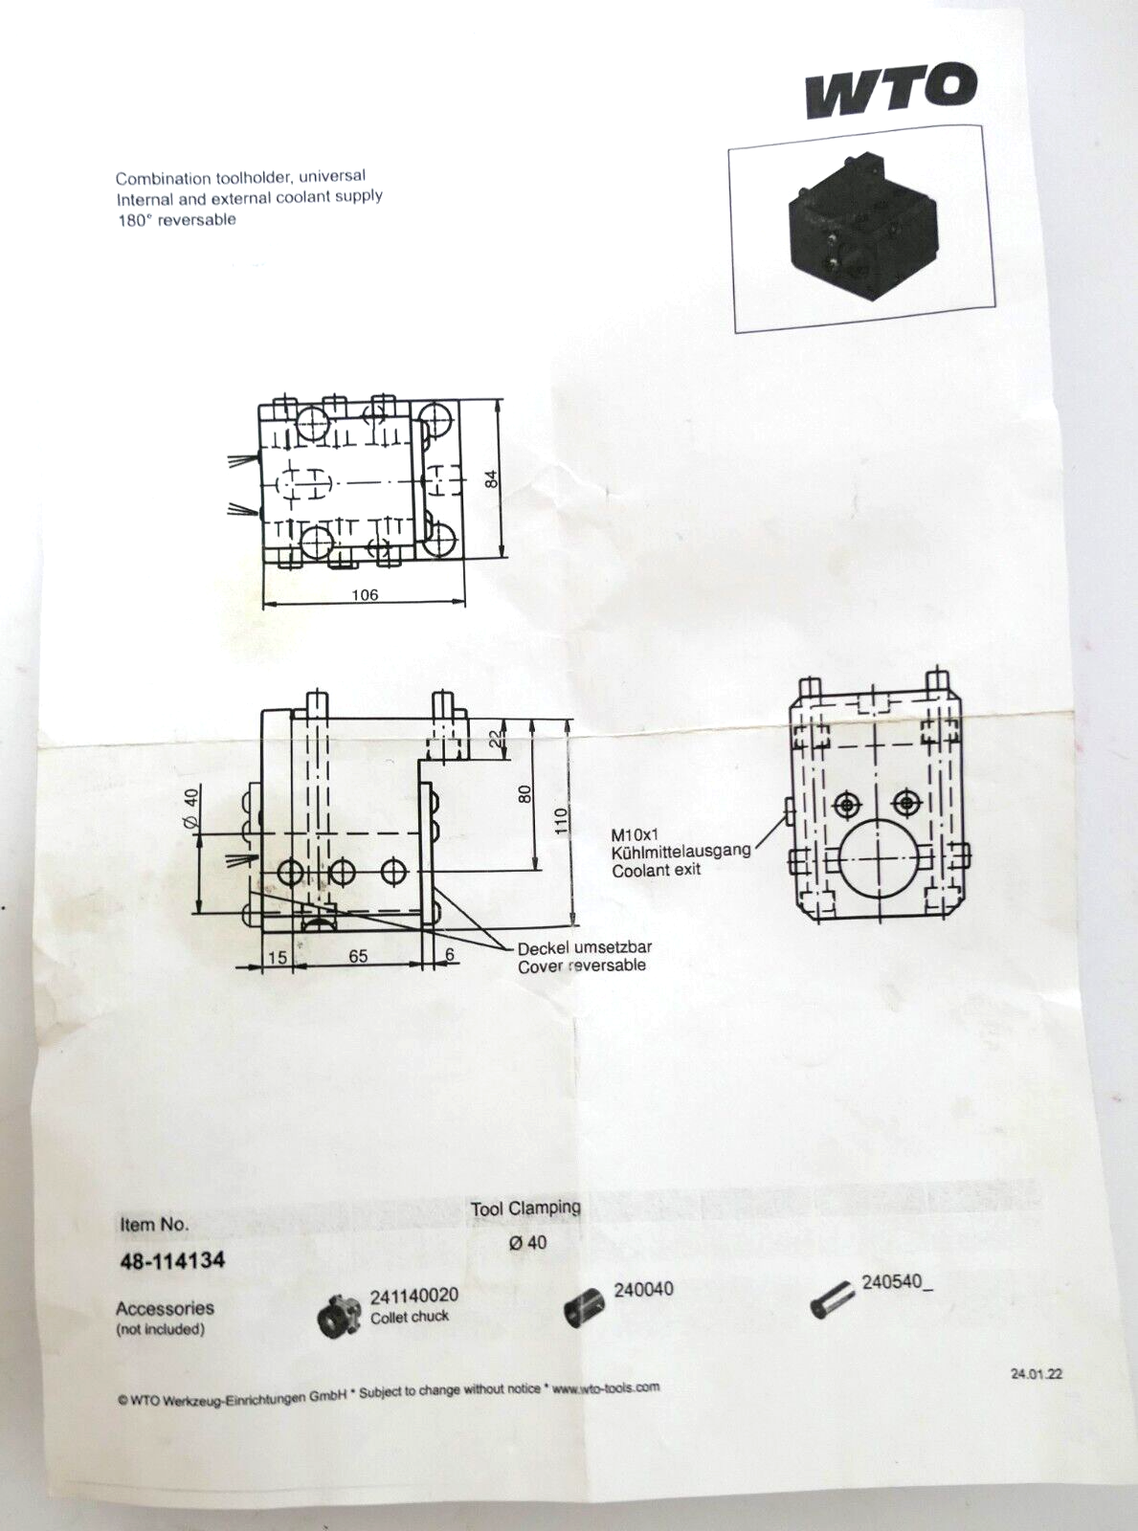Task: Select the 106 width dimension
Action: (365, 594)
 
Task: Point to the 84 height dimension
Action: (492, 478)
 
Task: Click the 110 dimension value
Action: (561, 820)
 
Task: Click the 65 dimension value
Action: (358, 956)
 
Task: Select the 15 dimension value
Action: (277, 957)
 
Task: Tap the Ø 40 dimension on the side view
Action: (190, 809)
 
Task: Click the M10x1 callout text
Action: (636, 834)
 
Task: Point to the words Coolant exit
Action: (657, 870)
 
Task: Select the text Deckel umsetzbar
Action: (585, 947)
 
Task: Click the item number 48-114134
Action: (172, 1260)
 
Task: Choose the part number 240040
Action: (643, 1289)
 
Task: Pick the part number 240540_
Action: (897, 1282)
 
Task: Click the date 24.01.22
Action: (1036, 1373)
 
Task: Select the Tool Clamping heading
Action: (525, 1209)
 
